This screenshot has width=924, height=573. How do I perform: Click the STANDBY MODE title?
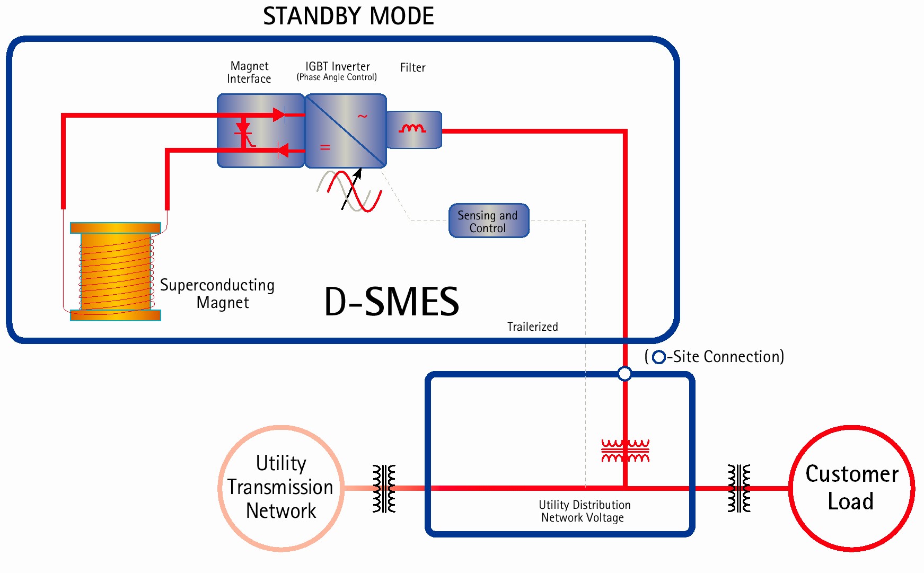coord(348,16)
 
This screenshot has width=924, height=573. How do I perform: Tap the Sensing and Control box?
coord(488,221)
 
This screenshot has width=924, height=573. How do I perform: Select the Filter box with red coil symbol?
coord(413,130)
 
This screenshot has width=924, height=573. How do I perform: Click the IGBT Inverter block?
coord(346,131)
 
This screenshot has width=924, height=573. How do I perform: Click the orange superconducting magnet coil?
coord(116,271)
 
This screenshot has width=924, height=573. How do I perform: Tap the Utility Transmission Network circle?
coord(281,488)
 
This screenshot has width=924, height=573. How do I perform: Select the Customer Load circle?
coord(851,488)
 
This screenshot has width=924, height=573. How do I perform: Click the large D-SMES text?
coord(391,302)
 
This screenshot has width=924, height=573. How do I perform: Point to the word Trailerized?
coord(532,327)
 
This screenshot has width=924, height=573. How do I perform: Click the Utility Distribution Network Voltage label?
coord(584,512)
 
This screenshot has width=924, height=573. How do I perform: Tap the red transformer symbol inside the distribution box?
coord(625,451)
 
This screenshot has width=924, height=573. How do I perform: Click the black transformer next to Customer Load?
coord(739,488)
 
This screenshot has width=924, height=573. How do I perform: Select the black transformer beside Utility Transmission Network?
coord(384,488)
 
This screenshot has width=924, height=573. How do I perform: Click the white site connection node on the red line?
coord(625,374)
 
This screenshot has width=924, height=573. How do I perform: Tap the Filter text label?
coord(412,68)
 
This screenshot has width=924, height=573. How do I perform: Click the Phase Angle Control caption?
coord(337,77)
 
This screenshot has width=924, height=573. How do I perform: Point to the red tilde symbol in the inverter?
coord(363,116)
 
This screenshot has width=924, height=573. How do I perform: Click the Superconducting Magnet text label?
coord(217,294)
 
